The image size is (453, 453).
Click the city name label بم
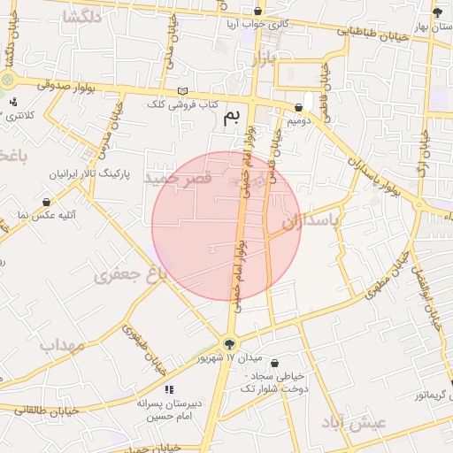(231, 117)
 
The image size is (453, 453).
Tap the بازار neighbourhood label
(264, 58)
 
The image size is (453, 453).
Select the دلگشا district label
(81, 18)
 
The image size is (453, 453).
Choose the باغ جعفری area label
(130, 275)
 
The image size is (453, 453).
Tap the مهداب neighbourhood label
(62, 344)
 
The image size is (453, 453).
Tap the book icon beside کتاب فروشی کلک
(182, 91)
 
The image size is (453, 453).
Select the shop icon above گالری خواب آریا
(257, 12)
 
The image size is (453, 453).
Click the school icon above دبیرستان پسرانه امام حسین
(168, 388)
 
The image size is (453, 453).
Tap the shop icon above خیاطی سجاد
(274, 364)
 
